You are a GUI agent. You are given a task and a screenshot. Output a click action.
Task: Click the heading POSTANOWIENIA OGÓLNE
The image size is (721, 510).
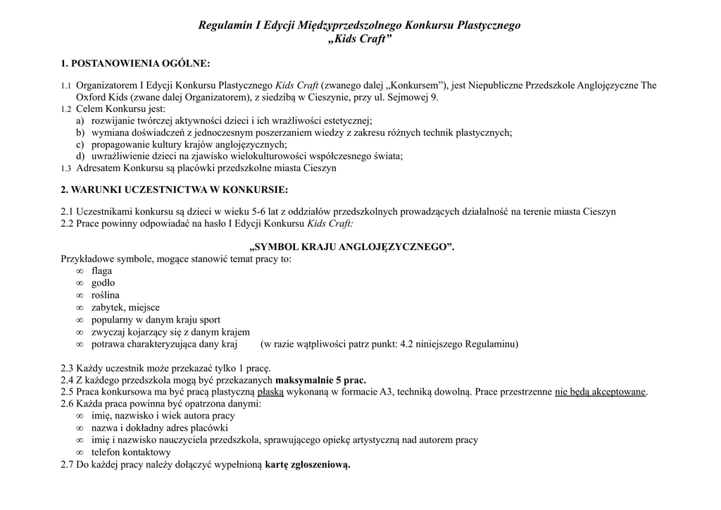click(142, 64)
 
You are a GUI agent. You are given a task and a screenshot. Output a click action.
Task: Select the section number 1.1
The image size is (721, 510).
click(66, 86)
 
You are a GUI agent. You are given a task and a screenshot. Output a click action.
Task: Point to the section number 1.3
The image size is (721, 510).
click(66, 169)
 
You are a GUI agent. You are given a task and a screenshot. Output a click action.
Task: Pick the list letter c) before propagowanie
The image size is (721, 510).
click(80, 144)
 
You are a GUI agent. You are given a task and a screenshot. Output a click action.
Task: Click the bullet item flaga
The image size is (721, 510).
click(101, 270)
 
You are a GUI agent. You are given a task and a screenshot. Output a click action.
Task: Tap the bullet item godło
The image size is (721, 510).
click(103, 283)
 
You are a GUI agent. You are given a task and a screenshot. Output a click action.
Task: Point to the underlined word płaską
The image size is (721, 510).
click(270, 392)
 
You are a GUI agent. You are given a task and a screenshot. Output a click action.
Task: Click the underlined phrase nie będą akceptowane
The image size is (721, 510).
click(601, 392)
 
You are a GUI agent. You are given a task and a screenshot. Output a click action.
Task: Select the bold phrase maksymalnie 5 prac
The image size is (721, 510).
click(320, 380)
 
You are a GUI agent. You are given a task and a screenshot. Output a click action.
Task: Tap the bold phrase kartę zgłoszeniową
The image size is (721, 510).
click(307, 465)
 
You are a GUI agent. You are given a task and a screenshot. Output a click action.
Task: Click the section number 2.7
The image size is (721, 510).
click(68, 465)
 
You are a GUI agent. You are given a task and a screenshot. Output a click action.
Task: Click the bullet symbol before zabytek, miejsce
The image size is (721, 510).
click(80, 308)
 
